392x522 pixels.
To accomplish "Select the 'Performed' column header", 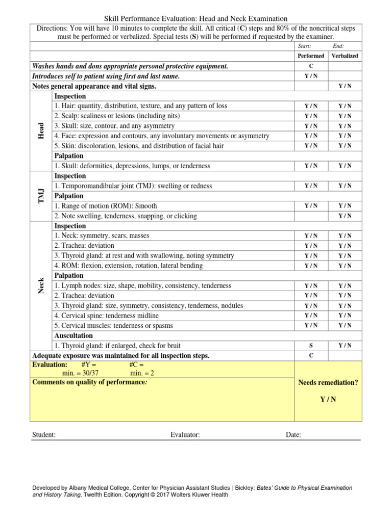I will pos(311,56).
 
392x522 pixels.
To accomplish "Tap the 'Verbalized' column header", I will pos(345,56).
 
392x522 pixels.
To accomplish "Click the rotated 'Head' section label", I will pos(41,131).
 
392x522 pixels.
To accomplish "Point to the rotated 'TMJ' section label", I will pos(41,196).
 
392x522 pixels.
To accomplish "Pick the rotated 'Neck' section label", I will pos(41,285).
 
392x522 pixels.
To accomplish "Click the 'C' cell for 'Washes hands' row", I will pos(311,66).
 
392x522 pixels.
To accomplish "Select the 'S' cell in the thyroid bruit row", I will pos(311,346).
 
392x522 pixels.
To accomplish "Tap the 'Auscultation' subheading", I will pos(73,336).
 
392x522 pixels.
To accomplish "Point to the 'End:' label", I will pos(339,46).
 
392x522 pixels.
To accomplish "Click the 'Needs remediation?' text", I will pos(328,382).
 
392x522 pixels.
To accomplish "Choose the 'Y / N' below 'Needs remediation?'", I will pos(328,399).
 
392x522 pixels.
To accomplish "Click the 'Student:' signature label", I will pos(44,435).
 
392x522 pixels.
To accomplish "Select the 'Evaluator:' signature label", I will pos(185,435).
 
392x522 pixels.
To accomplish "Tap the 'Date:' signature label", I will pos(293,435).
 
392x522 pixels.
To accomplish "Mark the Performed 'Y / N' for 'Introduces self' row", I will pos(311,76).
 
